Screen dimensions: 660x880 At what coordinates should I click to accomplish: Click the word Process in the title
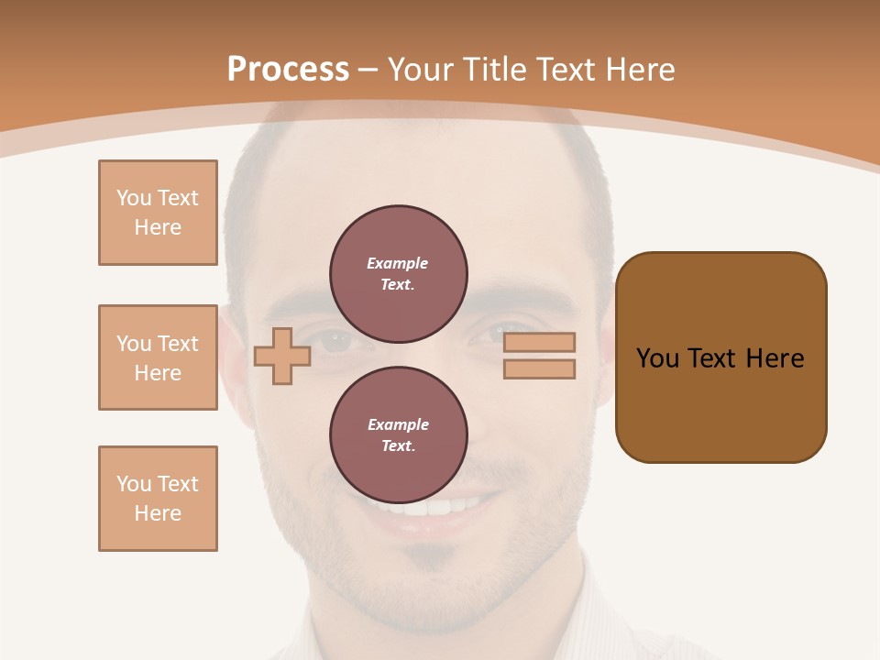pyautogui.click(x=288, y=70)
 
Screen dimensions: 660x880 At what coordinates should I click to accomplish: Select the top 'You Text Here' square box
pyautogui.click(x=158, y=213)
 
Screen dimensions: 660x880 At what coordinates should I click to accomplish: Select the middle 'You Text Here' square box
pyautogui.click(x=158, y=357)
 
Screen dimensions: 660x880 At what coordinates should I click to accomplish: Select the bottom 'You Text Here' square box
pyautogui.click(x=158, y=499)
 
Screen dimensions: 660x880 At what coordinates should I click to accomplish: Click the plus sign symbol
pyautogui.click(x=282, y=356)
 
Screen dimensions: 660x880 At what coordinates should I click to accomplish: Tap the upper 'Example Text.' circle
pyautogui.click(x=399, y=274)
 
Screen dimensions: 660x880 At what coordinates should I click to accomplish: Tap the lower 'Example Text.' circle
pyautogui.click(x=399, y=435)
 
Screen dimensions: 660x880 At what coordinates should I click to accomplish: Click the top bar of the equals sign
pyautogui.click(x=539, y=342)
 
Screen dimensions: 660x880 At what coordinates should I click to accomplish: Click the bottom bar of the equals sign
pyautogui.click(x=539, y=369)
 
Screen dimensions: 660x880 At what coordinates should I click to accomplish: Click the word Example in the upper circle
pyautogui.click(x=397, y=264)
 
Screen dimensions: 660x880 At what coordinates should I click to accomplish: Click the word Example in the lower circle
pyautogui.click(x=397, y=425)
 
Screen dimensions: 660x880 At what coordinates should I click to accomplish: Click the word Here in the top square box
pyautogui.click(x=158, y=227)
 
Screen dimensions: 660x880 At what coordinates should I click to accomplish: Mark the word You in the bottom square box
pyautogui.click(x=133, y=484)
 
